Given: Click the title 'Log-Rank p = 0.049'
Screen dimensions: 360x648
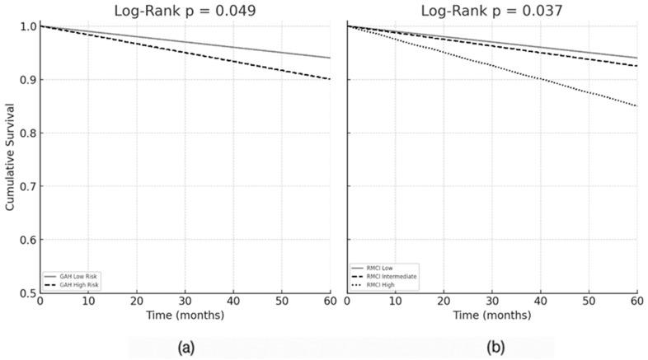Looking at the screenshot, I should (184, 11).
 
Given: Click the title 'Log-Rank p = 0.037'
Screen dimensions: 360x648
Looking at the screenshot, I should (492, 11).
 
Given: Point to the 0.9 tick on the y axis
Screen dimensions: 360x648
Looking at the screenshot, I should (27, 80).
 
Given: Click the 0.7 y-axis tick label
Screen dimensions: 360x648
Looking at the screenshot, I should (27, 186).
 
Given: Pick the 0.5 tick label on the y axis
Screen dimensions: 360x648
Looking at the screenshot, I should (27, 292).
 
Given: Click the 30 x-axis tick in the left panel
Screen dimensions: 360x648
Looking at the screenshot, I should (185, 303).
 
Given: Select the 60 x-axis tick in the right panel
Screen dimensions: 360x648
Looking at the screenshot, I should (636, 303).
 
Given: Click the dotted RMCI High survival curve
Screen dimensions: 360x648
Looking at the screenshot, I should (540, 79).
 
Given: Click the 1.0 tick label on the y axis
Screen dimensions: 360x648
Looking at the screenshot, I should (27, 27).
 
